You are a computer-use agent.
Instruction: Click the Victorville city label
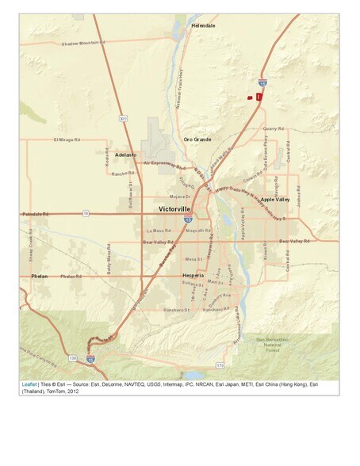[x=174, y=209]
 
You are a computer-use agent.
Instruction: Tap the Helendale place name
[x=203, y=25]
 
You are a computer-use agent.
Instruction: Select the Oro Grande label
[x=197, y=139]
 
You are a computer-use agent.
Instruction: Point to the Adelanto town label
[x=125, y=155]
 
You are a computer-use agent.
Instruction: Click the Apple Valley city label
[x=275, y=200]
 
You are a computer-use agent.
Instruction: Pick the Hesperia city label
[x=193, y=275]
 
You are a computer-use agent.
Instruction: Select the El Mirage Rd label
[x=67, y=139]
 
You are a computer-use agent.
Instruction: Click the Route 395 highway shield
[x=123, y=118]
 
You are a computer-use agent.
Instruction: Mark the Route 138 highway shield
[x=73, y=358]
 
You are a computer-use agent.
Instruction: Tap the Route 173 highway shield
[x=220, y=365]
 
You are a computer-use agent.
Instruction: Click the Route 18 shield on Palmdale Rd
[x=86, y=213]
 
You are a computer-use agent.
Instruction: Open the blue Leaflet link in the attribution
[x=29, y=384]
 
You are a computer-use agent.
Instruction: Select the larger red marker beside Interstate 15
[x=259, y=96]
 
